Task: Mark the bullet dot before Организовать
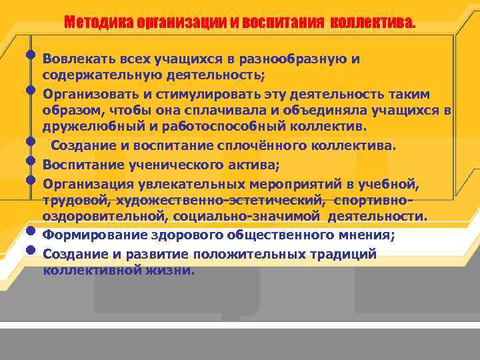31,88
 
